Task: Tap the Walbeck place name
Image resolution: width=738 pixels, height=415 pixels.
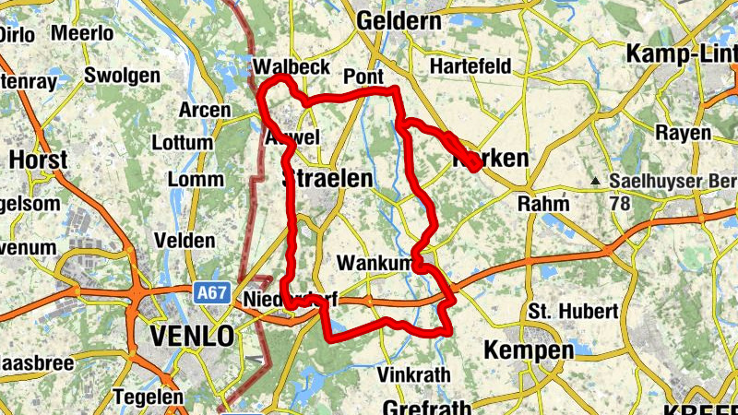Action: pos(291,67)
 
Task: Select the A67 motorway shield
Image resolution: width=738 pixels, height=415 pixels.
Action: pos(211,293)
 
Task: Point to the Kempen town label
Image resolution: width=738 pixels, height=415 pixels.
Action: pos(521,350)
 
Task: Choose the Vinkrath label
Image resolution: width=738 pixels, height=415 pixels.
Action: pos(413,375)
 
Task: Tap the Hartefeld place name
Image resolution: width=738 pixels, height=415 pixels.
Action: pos(470,67)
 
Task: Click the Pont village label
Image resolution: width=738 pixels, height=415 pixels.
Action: pos(363,76)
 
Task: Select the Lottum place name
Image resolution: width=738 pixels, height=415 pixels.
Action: pos(181,143)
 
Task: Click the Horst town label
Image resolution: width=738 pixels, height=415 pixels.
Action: pos(38,160)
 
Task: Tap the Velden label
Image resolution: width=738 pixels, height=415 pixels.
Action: pos(184,240)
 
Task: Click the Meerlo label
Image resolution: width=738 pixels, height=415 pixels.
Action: pos(83,33)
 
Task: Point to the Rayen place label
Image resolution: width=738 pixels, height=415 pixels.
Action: pos(684,133)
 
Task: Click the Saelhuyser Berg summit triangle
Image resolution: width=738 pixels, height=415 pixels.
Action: pos(598,181)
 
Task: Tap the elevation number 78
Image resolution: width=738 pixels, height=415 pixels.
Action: pos(619,201)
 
